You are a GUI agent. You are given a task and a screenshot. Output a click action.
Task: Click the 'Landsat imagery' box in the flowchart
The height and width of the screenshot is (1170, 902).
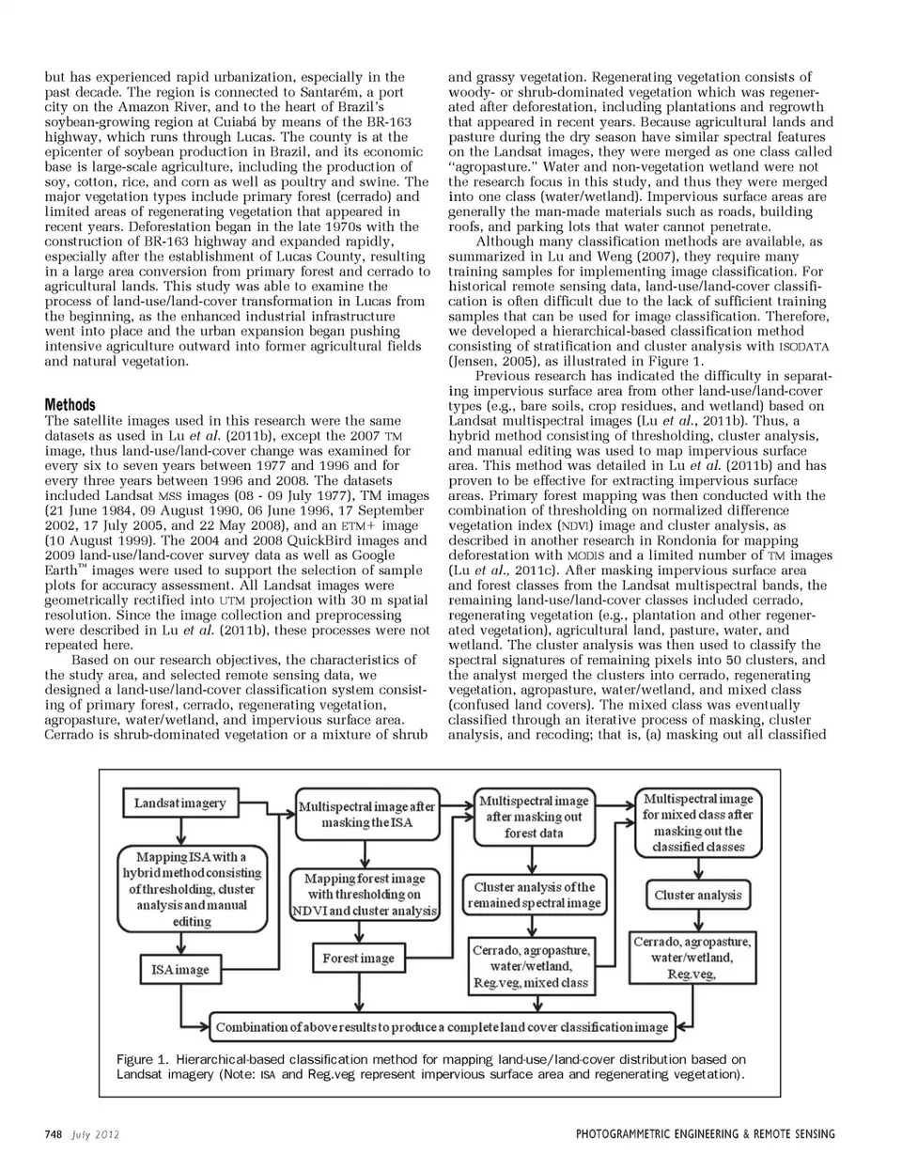pyautogui.click(x=180, y=803)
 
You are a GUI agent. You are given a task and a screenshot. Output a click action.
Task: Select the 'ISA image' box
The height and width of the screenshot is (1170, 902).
pyautogui.click(x=180, y=970)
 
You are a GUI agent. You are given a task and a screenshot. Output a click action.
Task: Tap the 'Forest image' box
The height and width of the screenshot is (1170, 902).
pyautogui.click(x=358, y=959)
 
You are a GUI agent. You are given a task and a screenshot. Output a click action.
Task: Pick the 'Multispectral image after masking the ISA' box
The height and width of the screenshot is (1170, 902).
pyautogui.click(x=366, y=814)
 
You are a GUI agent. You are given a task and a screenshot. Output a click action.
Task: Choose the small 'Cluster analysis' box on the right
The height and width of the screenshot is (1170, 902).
pyautogui.click(x=698, y=896)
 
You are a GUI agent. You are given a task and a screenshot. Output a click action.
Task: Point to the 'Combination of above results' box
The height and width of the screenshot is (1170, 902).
pyautogui.click(x=443, y=1027)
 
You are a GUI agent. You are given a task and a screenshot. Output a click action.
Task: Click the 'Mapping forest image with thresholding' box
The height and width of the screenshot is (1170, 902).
pyautogui.click(x=365, y=895)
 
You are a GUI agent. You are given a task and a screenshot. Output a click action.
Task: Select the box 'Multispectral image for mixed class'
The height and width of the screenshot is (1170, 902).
pyautogui.click(x=698, y=822)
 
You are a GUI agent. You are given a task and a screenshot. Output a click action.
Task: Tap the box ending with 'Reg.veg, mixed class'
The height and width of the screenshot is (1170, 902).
pyautogui.click(x=531, y=966)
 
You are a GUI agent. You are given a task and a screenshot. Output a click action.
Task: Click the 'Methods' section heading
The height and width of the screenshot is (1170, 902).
pyautogui.click(x=70, y=405)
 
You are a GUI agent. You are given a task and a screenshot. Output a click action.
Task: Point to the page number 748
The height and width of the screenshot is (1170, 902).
pyautogui.click(x=54, y=1134)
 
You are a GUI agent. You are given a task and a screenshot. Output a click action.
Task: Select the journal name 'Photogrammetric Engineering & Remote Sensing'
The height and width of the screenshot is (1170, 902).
pyautogui.click(x=705, y=1134)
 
